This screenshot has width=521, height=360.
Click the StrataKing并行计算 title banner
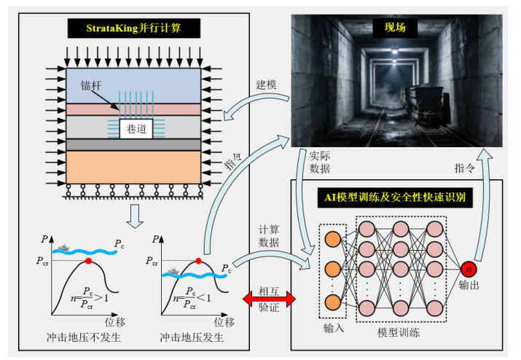134,28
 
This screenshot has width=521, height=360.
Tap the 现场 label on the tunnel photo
395,27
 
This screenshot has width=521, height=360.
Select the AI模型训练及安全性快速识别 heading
395,197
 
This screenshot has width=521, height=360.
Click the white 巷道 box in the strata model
136,129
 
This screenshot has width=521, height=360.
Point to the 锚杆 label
91,86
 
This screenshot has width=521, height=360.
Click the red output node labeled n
469,269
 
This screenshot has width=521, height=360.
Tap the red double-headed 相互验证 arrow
269,299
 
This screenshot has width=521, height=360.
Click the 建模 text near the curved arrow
266,85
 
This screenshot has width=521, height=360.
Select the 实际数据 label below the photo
320,163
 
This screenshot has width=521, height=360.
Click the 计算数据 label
269,236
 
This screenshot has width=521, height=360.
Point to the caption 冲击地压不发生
84,337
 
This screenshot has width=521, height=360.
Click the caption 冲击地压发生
192,337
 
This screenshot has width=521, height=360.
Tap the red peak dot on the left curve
88,261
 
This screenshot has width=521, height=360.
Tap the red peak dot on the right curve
198,261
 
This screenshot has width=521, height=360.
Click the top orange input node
332,239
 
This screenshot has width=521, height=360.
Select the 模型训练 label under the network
399,332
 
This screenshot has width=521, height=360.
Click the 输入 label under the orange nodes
334,329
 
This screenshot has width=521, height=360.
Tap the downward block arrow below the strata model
135,216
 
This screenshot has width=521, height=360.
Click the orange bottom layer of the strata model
133,167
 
